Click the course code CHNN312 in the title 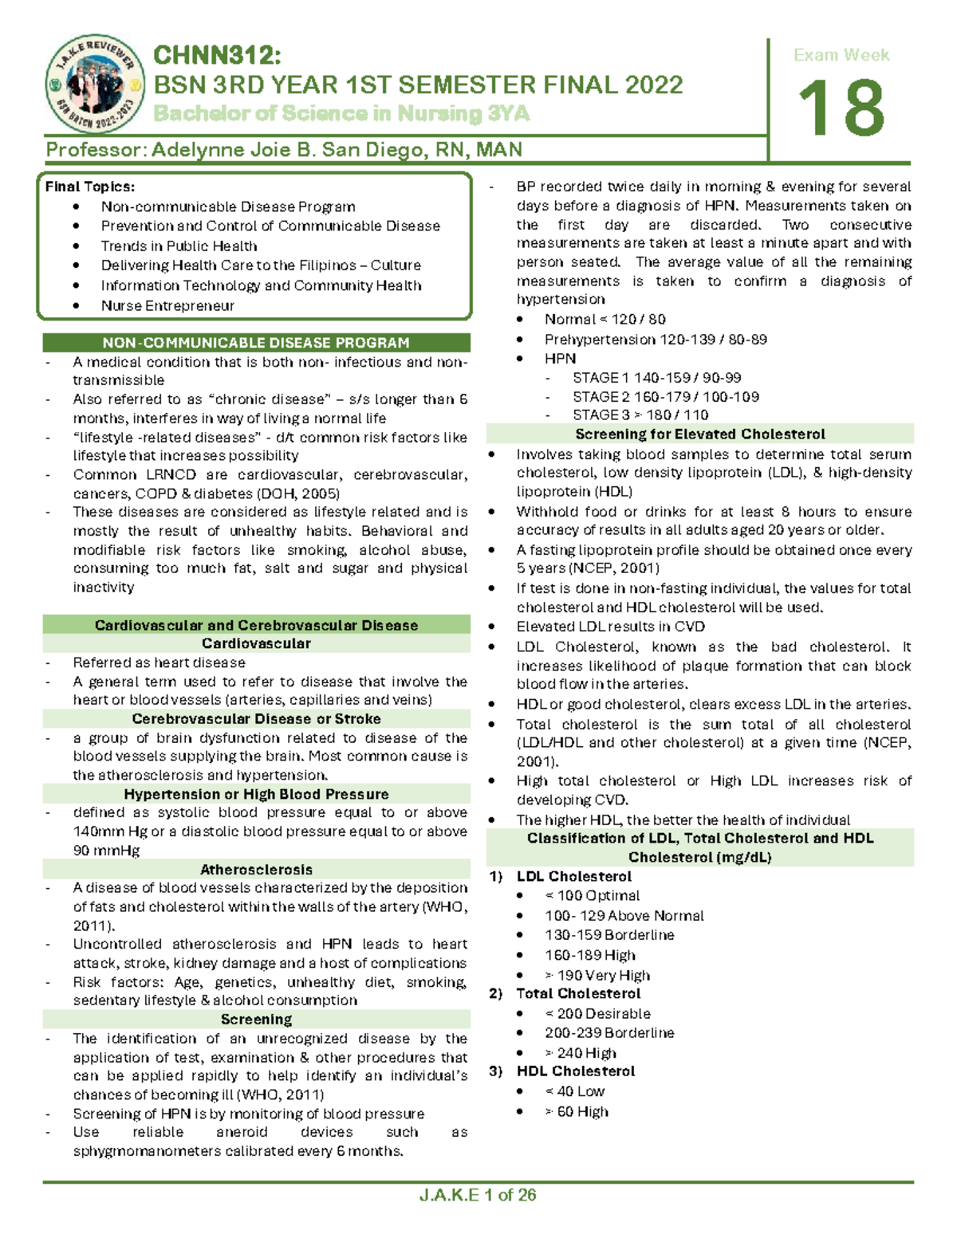click(217, 55)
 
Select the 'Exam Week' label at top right click(841, 55)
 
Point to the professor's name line click(284, 150)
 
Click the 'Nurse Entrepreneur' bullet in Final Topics click(167, 305)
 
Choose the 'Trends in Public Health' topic click(179, 246)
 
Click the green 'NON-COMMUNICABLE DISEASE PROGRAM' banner click(256, 343)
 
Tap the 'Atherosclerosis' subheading click(256, 870)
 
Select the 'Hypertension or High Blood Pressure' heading click(256, 794)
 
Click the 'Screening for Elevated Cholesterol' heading click(699, 434)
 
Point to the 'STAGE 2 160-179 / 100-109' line click(665, 396)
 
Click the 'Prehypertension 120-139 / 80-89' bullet click(656, 340)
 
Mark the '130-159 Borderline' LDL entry click(609, 934)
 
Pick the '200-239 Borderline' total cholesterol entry click(609, 1032)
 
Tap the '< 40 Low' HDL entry click(575, 1091)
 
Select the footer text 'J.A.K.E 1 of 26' click(477, 1195)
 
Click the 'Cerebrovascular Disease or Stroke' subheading click(256, 718)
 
